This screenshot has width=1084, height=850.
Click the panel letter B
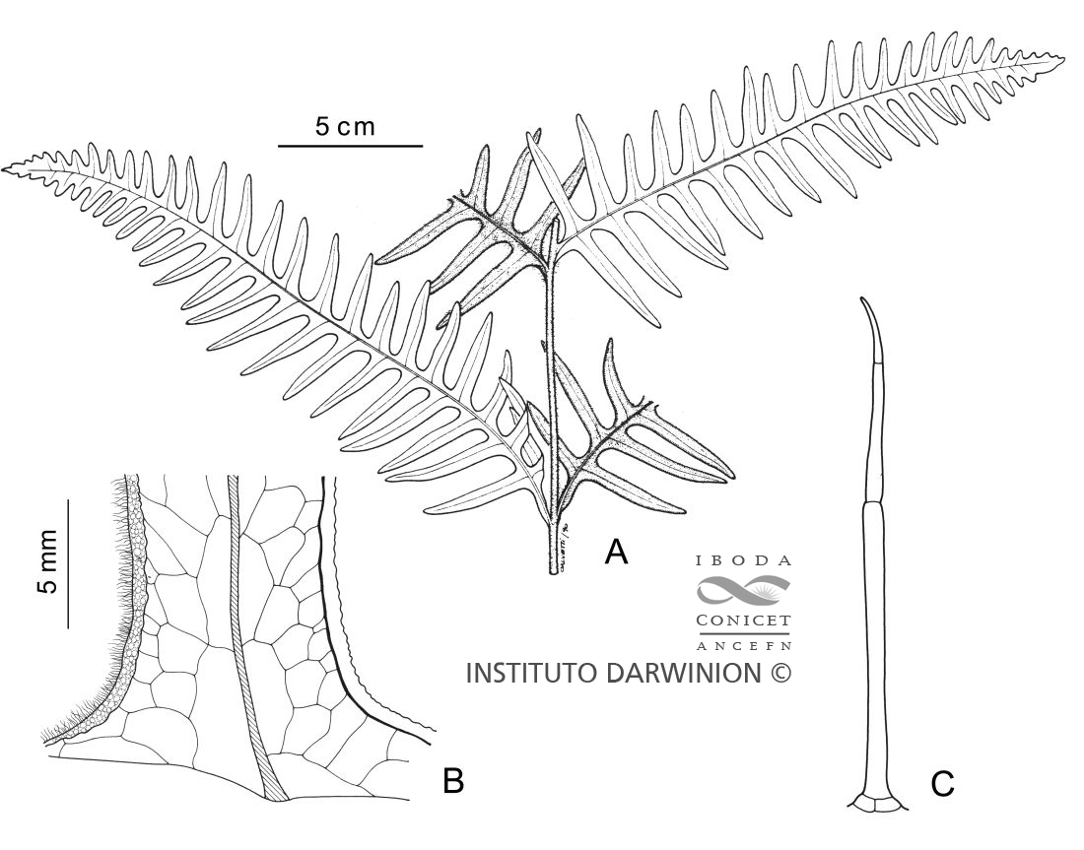pyautogui.click(x=452, y=781)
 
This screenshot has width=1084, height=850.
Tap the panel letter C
pyautogui.click(x=942, y=784)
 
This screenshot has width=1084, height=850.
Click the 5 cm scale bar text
pyautogui.click(x=346, y=126)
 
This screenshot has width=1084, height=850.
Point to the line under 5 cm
pyautogui.click(x=350, y=146)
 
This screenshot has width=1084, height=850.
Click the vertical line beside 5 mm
pyautogui.click(x=68, y=562)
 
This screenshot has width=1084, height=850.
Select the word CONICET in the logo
pyautogui.click(x=743, y=622)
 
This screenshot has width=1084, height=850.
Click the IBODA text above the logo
pyautogui.click(x=743, y=560)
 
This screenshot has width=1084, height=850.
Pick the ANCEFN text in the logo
pyautogui.click(x=743, y=646)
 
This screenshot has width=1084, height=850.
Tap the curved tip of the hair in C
pyautogui.click(x=864, y=301)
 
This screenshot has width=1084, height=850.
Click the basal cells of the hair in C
pyautogui.click(x=875, y=804)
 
